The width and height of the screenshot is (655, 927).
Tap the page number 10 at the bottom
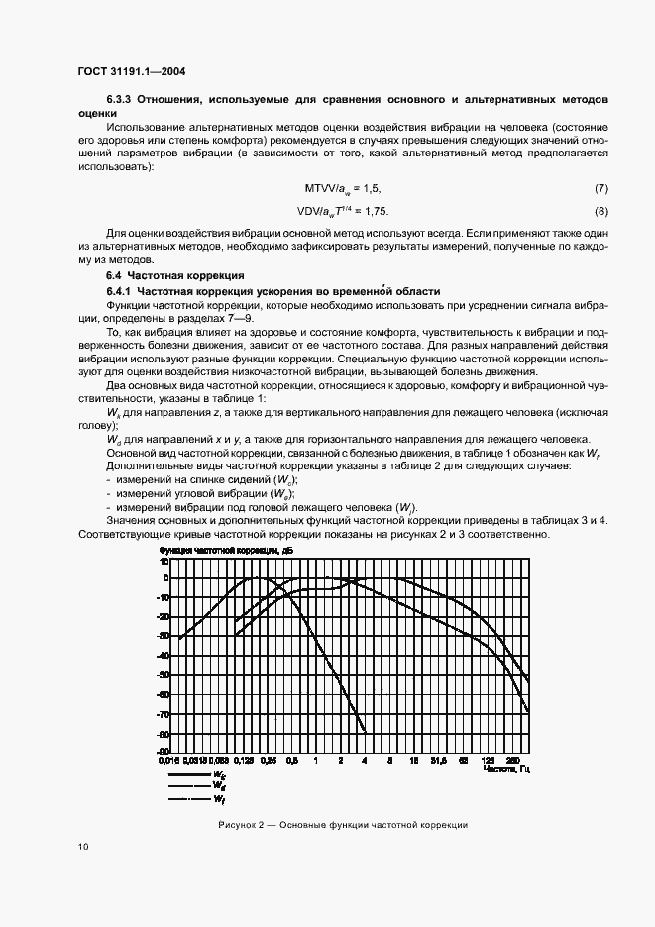[82, 846]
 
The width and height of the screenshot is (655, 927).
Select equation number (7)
[600, 188]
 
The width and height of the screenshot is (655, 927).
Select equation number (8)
[600, 211]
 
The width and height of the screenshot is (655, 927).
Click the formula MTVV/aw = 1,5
[343, 188]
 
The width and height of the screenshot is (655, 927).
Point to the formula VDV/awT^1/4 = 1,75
[343, 211]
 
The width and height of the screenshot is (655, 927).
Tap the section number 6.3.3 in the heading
[119, 100]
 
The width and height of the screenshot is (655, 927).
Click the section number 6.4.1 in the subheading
[119, 291]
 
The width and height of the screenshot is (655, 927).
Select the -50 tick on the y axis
[164, 674]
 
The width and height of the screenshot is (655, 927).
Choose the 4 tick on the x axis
[365, 762]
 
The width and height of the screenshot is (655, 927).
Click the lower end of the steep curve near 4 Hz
[366, 731]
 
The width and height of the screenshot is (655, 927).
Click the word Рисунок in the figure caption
[237, 824]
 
